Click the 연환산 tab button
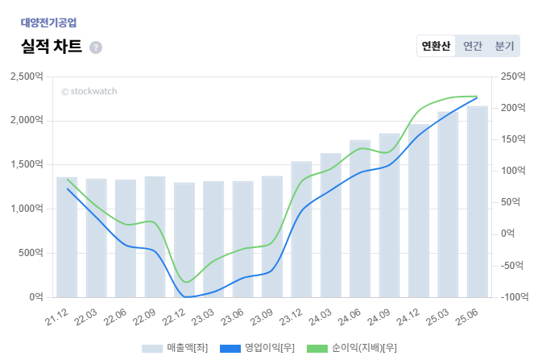pyautogui.click(x=436, y=46)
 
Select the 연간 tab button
pyautogui.click(x=473, y=46)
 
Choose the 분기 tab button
pyautogui.click(x=504, y=46)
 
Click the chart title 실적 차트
pyautogui.click(x=52, y=46)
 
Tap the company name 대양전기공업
pyautogui.click(x=49, y=23)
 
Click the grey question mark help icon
pyautogui.click(x=96, y=48)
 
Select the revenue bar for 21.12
pyautogui.click(x=67, y=238)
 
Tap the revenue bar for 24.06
pyautogui.click(x=360, y=219)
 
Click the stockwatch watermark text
pyautogui.click(x=89, y=91)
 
